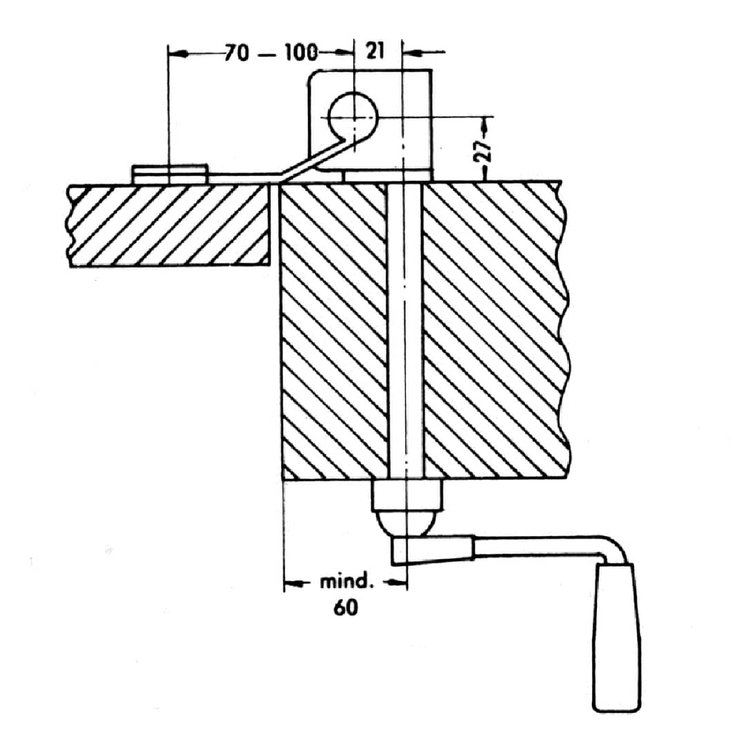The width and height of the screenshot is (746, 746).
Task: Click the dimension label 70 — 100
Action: click(x=270, y=52)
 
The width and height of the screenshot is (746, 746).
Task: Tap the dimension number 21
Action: click(x=375, y=50)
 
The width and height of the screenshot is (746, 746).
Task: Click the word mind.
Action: click(x=345, y=582)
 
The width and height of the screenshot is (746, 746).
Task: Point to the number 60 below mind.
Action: click(x=346, y=608)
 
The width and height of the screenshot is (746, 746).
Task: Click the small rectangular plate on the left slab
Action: click(x=170, y=174)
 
